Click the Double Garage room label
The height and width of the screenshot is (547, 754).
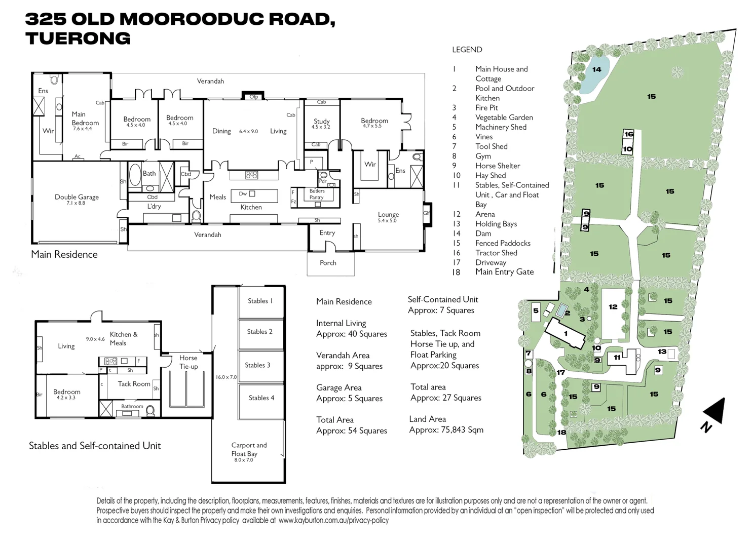(x=77, y=199)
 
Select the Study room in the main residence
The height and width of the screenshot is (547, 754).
(x=322, y=123)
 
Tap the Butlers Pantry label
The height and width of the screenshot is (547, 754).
(x=317, y=194)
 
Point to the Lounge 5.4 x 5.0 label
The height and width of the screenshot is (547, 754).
(x=388, y=217)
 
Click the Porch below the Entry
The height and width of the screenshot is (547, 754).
(x=328, y=263)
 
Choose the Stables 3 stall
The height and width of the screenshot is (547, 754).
(x=257, y=365)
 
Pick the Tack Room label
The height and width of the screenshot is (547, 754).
(x=134, y=384)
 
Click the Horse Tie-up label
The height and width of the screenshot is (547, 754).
(x=188, y=362)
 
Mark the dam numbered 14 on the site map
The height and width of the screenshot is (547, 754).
(x=596, y=70)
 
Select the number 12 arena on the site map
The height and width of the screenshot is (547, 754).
(x=613, y=307)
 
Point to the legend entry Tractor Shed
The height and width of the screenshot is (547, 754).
(x=496, y=253)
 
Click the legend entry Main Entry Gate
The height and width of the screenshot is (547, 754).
(x=504, y=272)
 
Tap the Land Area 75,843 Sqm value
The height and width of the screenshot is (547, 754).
(x=446, y=430)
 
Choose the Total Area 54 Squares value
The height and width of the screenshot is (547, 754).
(x=351, y=431)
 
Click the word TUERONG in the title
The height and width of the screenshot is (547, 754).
(x=78, y=38)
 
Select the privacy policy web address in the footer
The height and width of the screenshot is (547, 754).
(x=333, y=520)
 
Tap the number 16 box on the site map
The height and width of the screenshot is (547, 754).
(x=628, y=134)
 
